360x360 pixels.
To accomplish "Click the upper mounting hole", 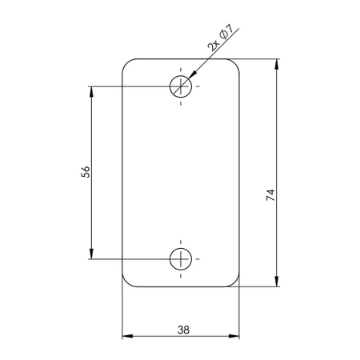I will [181, 86].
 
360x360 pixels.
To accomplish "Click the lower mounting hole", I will [181, 258].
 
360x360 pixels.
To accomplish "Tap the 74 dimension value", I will [270, 194].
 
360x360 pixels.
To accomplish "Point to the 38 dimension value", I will [182, 329].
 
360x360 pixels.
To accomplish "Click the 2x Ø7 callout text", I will [219, 38].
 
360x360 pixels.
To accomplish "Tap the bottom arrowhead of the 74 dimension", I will [277, 280].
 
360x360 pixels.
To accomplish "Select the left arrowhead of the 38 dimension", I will [128, 336].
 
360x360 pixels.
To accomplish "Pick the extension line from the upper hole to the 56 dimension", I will [128, 86].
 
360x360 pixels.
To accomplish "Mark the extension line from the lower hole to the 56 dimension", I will [128, 258].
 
